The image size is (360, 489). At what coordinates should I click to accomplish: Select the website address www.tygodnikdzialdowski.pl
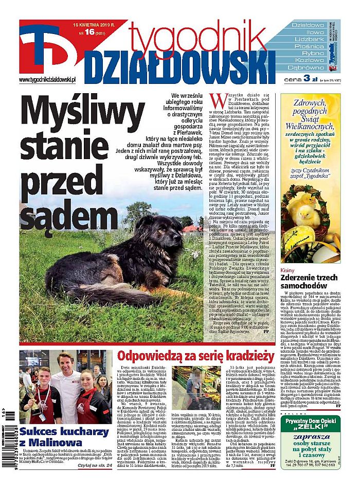pos(47,79)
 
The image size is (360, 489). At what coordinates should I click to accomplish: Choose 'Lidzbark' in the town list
pos(309,39)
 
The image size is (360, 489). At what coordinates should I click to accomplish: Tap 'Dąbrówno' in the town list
pos(309,67)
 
